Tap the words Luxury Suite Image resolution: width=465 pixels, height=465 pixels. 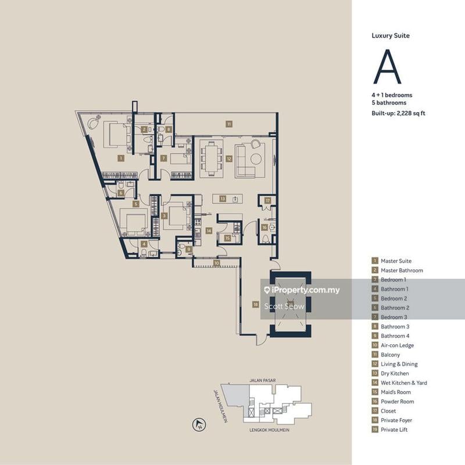(x=391, y=35)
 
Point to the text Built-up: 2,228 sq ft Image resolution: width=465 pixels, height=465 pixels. (x=399, y=113)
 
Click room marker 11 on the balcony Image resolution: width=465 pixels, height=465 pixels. (x=230, y=124)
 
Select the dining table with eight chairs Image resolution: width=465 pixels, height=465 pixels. (x=210, y=158)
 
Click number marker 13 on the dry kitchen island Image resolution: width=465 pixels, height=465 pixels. (x=223, y=199)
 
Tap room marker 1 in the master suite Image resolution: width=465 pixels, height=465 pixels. (x=120, y=158)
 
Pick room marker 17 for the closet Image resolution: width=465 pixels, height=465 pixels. (x=267, y=201)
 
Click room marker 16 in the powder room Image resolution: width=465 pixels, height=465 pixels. (x=264, y=227)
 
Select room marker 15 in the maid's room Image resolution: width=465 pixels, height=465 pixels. (x=228, y=238)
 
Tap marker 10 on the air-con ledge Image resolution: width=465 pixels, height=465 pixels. (x=216, y=263)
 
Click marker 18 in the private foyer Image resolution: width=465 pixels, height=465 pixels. (x=255, y=303)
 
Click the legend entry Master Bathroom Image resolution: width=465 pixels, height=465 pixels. (x=402, y=270)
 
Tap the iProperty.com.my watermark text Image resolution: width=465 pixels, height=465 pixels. (x=305, y=290)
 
